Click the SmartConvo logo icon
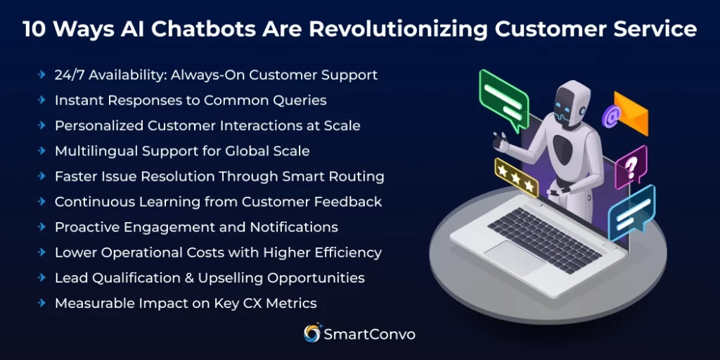click(x=311, y=334)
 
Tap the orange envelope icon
click(x=631, y=114)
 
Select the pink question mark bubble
click(x=631, y=167)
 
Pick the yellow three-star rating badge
click(x=516, y=177)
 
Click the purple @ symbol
click(x=610, y=116)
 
